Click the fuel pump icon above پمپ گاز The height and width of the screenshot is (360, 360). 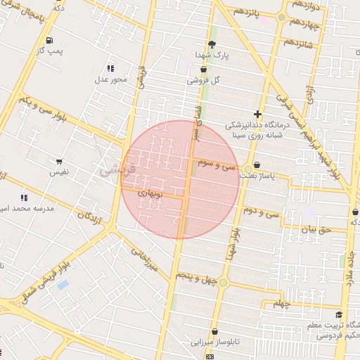coord(49,40)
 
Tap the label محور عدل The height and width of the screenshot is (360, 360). coord(110,79)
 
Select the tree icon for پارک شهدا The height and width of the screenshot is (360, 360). coord(212,44)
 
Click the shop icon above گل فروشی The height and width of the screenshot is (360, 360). coord(203,70)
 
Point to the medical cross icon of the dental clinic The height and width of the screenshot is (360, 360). coord(258,114)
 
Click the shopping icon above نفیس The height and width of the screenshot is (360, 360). coord(59,162)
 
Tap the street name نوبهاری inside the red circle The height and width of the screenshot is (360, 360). coord(150,192)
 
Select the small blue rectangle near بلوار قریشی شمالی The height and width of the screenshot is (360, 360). coord(63,285)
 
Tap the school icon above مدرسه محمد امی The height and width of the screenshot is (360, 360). coord(25,198)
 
